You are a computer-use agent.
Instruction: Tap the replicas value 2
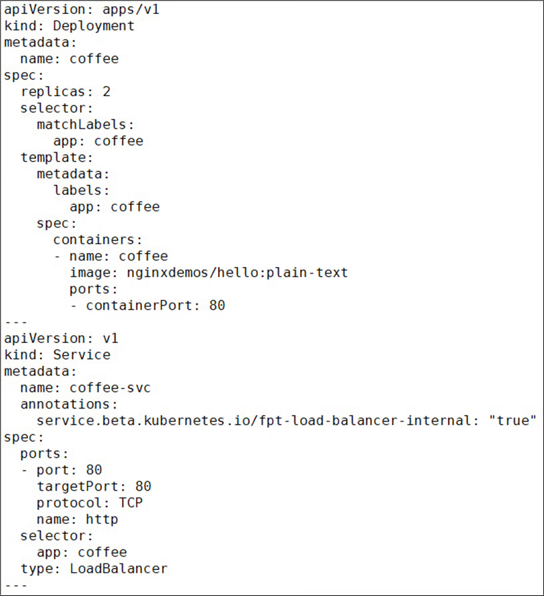click(x=107, y=91)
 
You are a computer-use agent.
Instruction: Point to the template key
click(x=57, y=158)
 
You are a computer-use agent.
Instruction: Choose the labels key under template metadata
click(x=81, y=190)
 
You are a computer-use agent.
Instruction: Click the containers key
click(x=97, y=240)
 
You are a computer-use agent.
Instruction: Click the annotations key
click(x=69, y=404)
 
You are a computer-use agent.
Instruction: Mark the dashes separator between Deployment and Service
click(x=15, y=322)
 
